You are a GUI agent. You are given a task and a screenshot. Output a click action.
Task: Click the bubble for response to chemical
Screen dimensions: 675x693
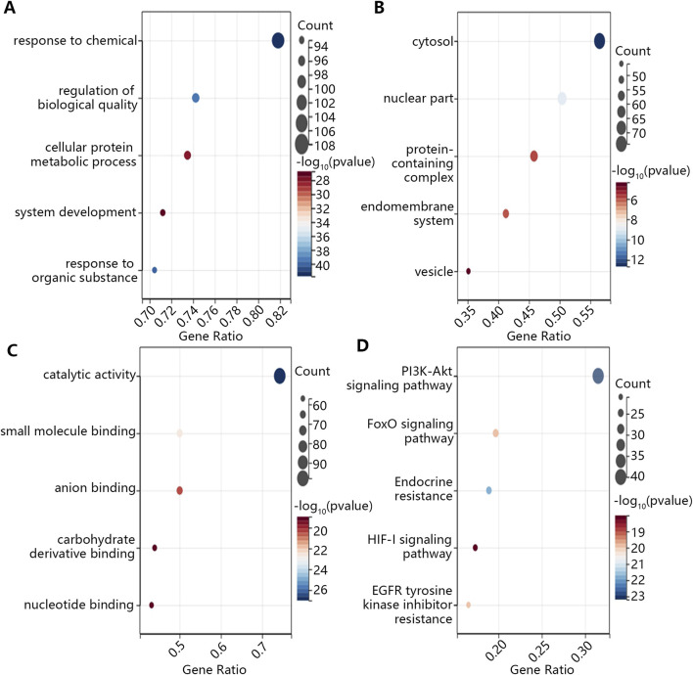pos(278,41)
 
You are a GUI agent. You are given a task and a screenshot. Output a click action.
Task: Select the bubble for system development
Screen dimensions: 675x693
pos(162,212)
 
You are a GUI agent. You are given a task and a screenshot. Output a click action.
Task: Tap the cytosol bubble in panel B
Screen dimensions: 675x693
pos(599,41)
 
